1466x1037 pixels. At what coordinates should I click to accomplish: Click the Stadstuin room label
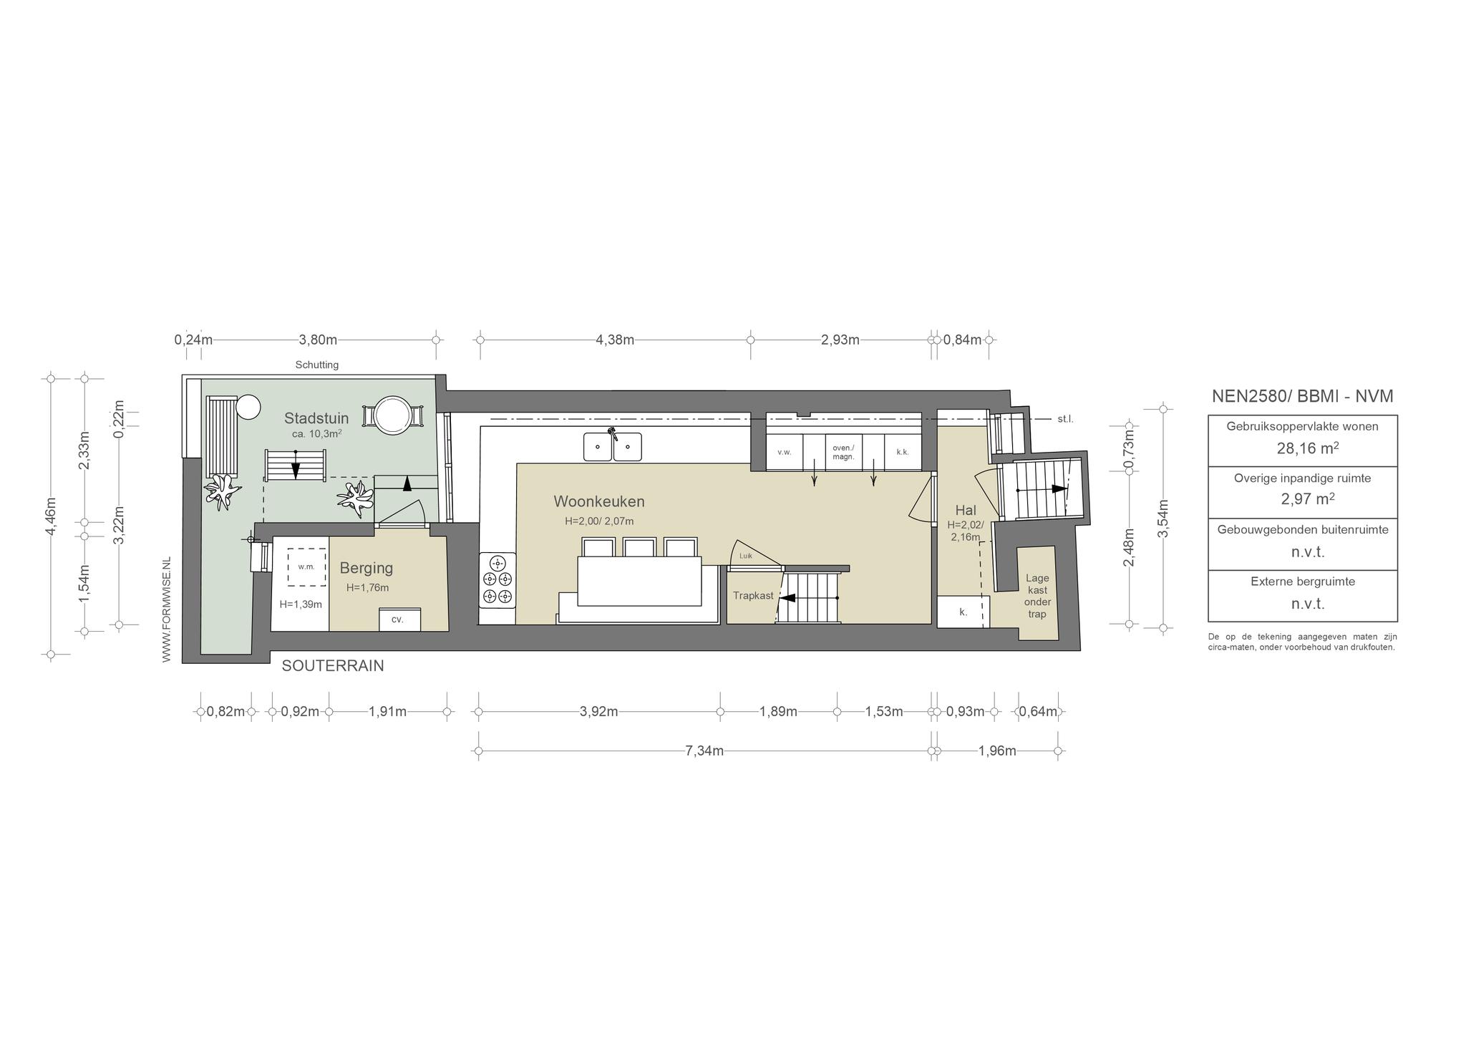(x=316, y=418)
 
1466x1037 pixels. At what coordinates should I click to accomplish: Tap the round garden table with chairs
(x=393, y=415)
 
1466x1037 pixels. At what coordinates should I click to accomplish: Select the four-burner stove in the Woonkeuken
(x=497, y=579)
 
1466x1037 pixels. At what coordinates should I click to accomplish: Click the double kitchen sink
(x=612, y=446)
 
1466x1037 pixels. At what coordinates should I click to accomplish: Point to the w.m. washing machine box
(x=306, y=566)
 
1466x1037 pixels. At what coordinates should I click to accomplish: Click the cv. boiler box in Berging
(x=399, y=619)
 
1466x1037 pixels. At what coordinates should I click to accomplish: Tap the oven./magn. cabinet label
(x=843, y=453)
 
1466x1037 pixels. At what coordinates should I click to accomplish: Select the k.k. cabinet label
(x=902, y=453)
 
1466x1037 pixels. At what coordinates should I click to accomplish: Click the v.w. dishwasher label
(x=784, y=453)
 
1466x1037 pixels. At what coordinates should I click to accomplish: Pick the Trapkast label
(x=753, y=596)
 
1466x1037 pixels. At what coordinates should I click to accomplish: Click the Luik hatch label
(x=746, y=556)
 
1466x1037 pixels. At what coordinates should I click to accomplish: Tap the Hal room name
(x=966, y=511)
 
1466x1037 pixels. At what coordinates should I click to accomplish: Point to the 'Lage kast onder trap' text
(x=1037, y=596)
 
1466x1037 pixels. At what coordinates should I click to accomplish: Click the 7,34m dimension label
(x=704, y=751)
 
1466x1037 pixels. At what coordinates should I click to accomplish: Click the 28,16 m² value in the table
(x=1303, y=448)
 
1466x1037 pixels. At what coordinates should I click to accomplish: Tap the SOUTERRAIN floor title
(x=333, y=666)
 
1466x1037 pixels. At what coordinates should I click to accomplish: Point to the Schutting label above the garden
(x=317, y=365)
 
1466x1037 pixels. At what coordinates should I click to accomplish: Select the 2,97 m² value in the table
(x=1303, y=499)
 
